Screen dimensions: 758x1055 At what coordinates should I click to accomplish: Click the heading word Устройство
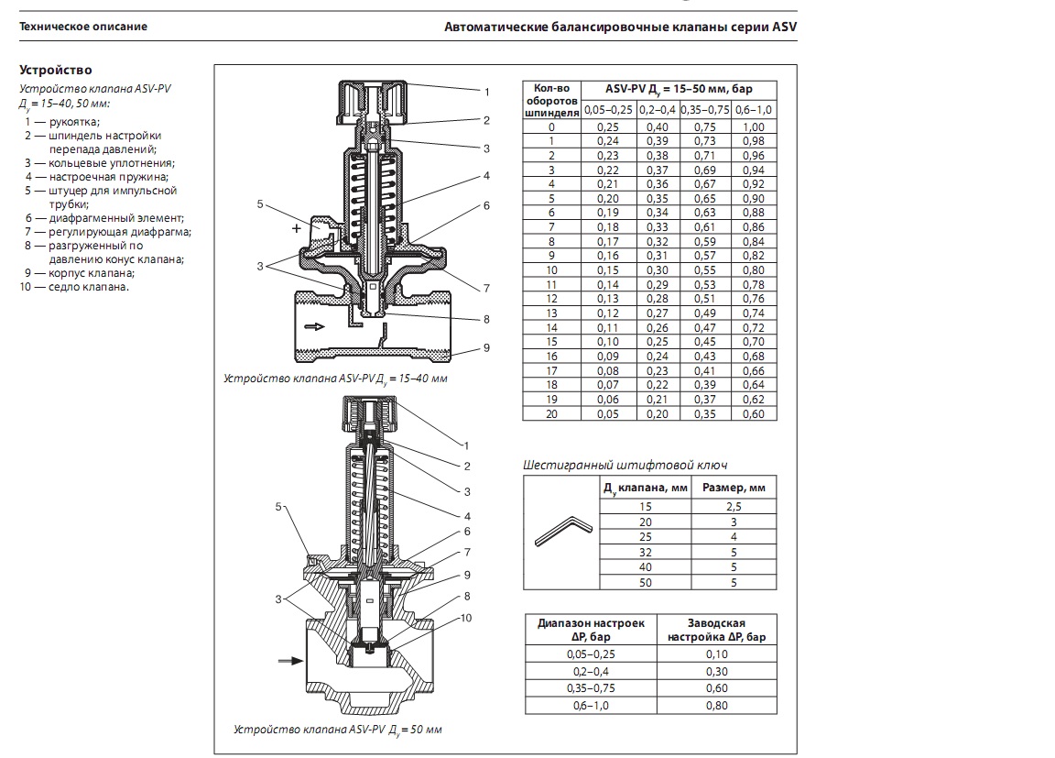pyautogui.click(x=56, y=71)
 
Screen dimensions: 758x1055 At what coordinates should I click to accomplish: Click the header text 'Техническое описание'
pyautogui.click(x=83, y=27)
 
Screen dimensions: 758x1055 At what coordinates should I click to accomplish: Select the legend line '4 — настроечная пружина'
pyautogui.click(x=97, y=176)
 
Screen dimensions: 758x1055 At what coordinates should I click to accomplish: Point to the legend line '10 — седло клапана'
pyautogui.click(x=74, y=286)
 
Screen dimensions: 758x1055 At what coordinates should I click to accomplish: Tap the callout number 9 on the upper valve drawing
pyautogui.click(x=486, y=347)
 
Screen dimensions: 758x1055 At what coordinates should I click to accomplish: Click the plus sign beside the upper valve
pyautogui.click(x=296, y=229)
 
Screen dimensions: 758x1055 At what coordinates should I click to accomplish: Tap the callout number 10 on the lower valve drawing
pyautogui.click(x=466, y=618)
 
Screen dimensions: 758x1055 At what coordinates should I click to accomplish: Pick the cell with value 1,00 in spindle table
pyautogui.click(x=753, y=127)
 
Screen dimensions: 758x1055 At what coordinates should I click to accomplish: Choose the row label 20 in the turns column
pyautogui.click(x=551, y=413)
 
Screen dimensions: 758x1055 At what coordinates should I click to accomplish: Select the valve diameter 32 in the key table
pyautogui.click(x=646, y=551)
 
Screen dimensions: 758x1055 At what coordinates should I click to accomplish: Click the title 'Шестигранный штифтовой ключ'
pyautogui.click(x=625, y=465)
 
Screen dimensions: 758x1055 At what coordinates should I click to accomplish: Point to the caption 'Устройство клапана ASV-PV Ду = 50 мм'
pyautogui.click(x=338, y=731)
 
